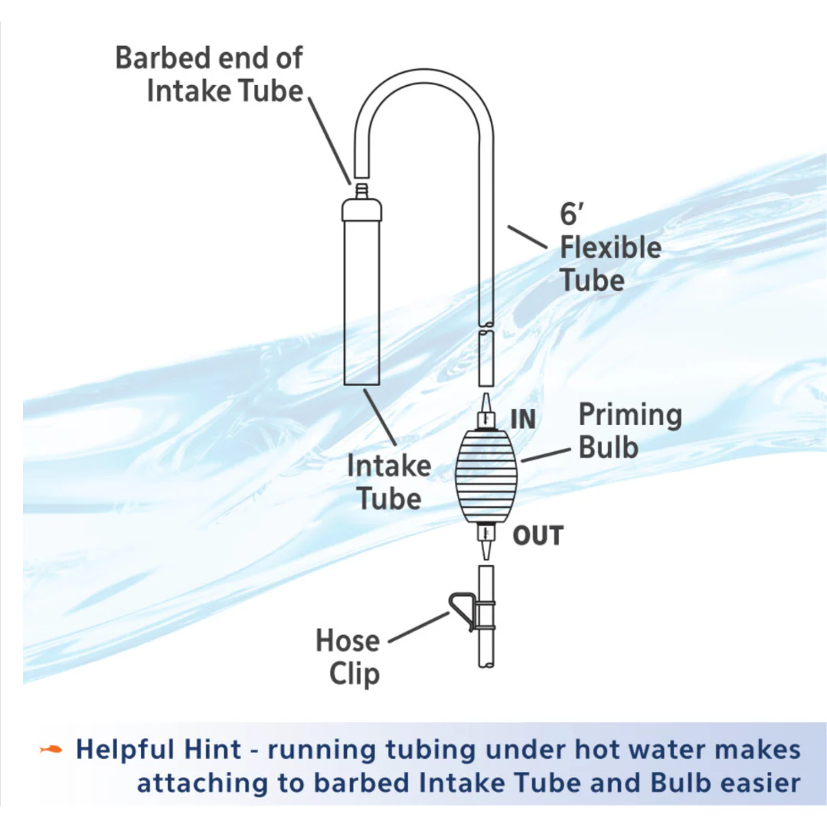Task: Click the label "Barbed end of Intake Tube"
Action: pos(208,74)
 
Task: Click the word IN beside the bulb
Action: pos(523,420)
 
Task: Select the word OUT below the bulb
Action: pos(538,536)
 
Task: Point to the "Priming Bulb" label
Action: pos(629,430)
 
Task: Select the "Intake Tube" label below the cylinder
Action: pos(389,482)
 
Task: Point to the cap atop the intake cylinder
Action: pos(362,209)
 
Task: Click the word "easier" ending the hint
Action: pos(755,783)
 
